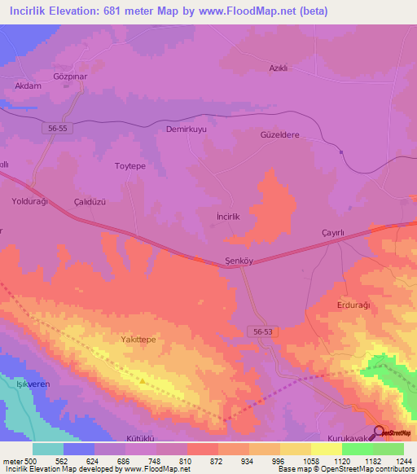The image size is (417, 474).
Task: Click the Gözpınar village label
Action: coord(70,72)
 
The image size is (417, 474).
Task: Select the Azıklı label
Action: coord(282,68)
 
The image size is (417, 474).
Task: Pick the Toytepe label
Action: coord(129,165)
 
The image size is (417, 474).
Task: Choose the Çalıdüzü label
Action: coord(90,200)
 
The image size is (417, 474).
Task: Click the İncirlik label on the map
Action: coord(227,217)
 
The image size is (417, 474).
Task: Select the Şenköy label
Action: coord(240,261)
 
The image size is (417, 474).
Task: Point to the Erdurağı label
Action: coord(353,305)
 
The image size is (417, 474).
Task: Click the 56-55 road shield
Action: coord(55,128)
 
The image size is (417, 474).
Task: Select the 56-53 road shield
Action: coord(260,330)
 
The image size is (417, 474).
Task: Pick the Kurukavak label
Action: coord(348,437)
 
